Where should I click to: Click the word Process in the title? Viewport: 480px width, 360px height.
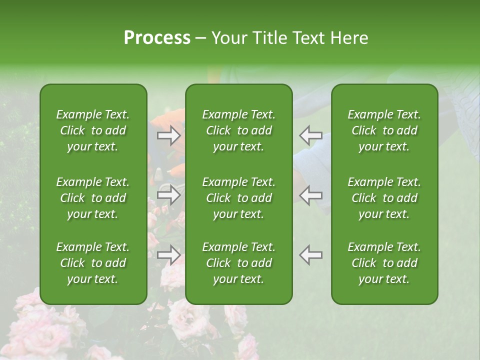coord(157,38)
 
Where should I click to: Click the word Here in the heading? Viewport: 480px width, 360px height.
coord(348,38)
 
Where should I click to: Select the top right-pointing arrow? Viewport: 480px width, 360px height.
coord(169,135)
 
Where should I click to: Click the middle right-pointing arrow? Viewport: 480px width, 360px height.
coord(169,194)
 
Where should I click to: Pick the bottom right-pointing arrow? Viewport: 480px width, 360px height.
coord(169,254)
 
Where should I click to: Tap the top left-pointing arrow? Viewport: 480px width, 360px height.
coord(310,135)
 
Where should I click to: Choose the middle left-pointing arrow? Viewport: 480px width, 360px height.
coord(310,194)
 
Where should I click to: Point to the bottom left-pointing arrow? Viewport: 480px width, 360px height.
coord(310,254)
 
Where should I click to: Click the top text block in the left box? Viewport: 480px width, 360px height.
coord(93,130)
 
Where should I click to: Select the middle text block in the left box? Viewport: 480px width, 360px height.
coord(93,198)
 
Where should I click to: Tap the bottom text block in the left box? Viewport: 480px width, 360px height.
coord(93,263)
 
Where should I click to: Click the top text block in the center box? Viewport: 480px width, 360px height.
coord(238,130)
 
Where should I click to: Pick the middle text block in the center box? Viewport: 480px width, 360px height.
coord(238,198)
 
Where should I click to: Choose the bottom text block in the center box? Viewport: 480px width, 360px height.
coord(238,263)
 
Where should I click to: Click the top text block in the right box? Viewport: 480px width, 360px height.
coord(384,130)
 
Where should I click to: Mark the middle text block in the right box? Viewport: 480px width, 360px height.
coord(384,198)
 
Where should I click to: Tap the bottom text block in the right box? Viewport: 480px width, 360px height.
coord(384,263)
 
